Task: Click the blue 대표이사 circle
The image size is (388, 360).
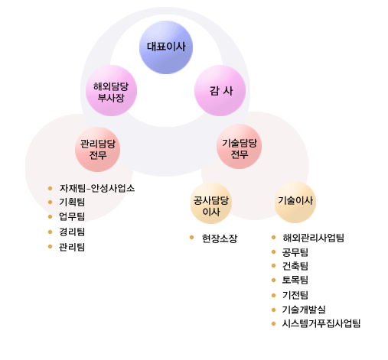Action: point(166,47)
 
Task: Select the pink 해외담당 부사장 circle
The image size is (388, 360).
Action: point(111,91)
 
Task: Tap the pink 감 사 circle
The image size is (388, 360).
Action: point(220,91)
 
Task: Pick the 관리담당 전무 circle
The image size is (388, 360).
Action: point(98,150)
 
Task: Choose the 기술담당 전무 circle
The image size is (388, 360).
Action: point(240,147)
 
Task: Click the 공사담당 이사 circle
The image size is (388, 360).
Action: point(211,203)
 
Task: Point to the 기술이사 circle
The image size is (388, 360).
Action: point(295,203)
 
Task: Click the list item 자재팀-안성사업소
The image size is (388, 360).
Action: point(97,188)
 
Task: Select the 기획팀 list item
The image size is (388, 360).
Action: point(72,202)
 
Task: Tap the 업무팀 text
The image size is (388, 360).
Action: point(72,216)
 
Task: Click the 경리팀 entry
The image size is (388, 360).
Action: point(72,232)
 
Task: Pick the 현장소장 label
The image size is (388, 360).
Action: point(220,238)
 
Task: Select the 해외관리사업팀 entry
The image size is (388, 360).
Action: point(314,238)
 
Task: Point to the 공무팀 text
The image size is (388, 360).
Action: point(295,252)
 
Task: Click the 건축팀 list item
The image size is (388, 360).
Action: point(295,266)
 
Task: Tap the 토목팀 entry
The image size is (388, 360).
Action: point(295,280)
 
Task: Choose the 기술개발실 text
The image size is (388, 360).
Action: point(304,310)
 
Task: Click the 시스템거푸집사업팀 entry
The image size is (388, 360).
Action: point(321,323)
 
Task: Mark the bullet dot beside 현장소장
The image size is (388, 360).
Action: point(192,238)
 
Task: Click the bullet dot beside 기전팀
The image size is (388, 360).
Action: point(274,295)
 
